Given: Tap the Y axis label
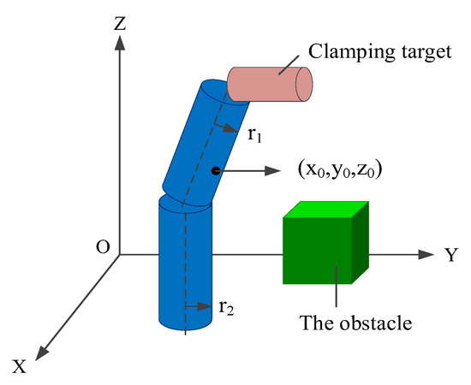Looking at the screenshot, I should click(x=450, y=254).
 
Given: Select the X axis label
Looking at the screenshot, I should click(x=21, y=366).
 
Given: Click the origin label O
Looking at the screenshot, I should click(x=103, y=247).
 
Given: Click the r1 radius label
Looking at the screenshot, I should click(x=253, y=134).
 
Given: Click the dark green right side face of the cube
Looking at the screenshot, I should click(x=361, y=243).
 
